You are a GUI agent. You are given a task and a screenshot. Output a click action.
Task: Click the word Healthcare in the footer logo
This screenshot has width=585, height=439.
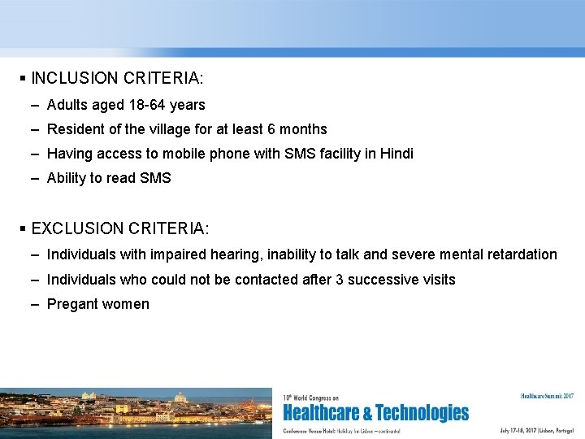click(x=327, y=413)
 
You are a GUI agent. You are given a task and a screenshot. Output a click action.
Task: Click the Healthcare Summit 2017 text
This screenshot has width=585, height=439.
click(x=547, y=396)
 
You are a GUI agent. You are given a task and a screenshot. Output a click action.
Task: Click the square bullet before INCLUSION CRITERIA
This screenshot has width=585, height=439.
click(x=23, y=79)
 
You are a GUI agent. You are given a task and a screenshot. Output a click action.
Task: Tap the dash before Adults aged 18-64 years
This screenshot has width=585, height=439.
click(x=37, y=105)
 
